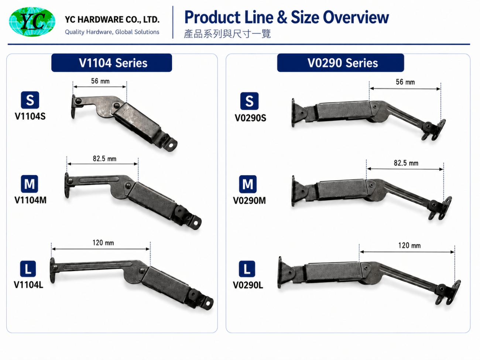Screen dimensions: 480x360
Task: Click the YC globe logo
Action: coord(32,21)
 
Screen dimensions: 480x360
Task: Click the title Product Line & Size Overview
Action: coord(287,17)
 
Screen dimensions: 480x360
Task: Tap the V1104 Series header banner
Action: coord(112,63)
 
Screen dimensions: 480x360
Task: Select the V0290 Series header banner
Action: coord(340,63)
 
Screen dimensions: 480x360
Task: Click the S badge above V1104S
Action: coord(30,100)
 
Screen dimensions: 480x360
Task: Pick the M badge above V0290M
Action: coord(248,184)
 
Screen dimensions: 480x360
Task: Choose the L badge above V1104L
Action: coord(28,269)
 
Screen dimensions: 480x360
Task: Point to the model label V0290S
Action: coord(250,118)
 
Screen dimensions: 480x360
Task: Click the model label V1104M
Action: coord(30,200)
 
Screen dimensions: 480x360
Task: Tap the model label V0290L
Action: coord(248,285)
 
